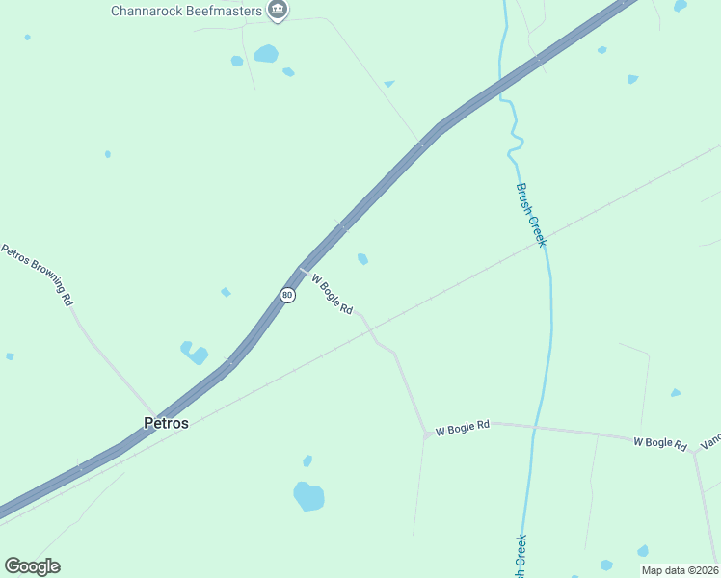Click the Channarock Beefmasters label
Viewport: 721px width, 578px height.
tap(187, 12)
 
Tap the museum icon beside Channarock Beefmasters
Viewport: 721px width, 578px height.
tap(278, 11)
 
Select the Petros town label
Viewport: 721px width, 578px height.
tap(166, 422)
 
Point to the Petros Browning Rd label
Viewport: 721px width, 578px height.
tap(38, 275)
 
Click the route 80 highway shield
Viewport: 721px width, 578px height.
tap(287, 295)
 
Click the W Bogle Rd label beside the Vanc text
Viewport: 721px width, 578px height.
tap(660, 443)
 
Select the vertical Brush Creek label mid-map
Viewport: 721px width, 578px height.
tap(531, 215)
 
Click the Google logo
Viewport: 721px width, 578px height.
tap(32, 566)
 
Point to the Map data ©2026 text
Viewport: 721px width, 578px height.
tap(680, 570)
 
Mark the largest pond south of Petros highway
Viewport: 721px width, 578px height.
tap(308, 496)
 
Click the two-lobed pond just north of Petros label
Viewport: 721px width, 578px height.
tap(194, 353)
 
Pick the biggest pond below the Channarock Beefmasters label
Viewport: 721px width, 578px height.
tap(266, 54)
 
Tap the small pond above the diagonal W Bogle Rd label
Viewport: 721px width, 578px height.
tap(362, 258)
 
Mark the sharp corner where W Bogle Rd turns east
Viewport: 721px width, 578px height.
tap(426, 434)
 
